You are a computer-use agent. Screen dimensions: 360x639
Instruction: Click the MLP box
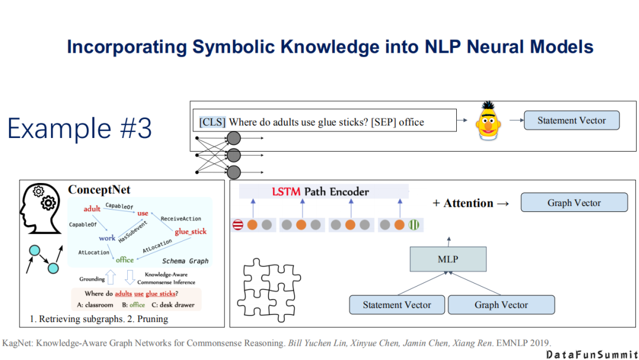pyautogui.click(x=448, y=259)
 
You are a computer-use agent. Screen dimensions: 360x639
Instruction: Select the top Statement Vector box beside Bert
pyautogui.click(x=572, y=120)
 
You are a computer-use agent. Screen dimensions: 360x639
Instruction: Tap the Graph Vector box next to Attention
pyautogui.click(x=574, y=202)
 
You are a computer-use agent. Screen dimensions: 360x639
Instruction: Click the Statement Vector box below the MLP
pyautogui.click(x=396, y=305)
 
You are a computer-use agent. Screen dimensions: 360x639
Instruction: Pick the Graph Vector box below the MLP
pyautogui.click(x=501, y=305)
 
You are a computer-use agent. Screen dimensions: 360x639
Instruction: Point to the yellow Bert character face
pyautogui.click(x=486, y=121)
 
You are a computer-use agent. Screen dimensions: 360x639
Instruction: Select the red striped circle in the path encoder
pyautogui.click(x=238, y=225)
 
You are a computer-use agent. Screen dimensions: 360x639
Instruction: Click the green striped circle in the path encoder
pyautogui.click(x=414, y=225)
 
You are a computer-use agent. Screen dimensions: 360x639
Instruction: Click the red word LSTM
pyautogui.click(x=286, y=191)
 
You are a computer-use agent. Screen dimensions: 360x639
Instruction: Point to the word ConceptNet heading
pyautogui.click(x=99, y=190)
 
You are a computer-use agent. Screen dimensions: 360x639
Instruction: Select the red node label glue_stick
pyautogui.click(x=191, y=232)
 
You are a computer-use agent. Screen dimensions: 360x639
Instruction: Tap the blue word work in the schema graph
pyautogui.click(x=107, y=238)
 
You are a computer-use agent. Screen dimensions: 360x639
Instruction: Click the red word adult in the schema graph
pyautogui.click(x=92, y=208)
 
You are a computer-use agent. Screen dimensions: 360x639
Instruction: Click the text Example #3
pyautogui.click(x=79, y=128)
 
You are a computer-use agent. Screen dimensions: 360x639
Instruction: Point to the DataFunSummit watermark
pyautogui.click(x=591, y=353)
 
